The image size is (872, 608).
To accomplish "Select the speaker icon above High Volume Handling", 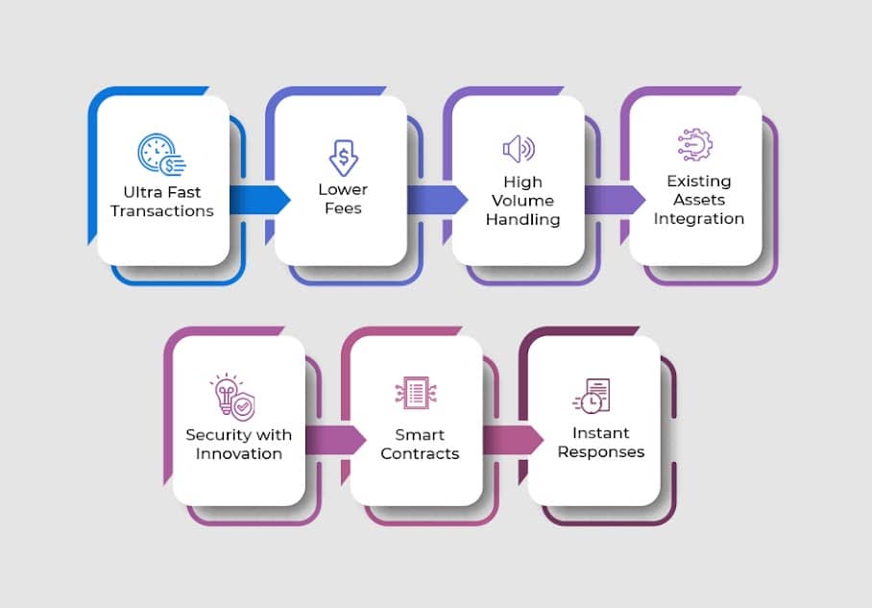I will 519,149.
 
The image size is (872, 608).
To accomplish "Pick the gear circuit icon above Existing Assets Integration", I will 695,144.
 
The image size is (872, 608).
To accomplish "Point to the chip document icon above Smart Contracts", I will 416,392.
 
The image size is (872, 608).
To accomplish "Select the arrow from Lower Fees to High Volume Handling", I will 437,199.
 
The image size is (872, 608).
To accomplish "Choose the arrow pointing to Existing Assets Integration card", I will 615,199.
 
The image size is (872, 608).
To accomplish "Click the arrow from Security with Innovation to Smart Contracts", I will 335,439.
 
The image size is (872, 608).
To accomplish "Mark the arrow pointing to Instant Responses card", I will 513,439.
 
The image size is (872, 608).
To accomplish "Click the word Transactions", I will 162,210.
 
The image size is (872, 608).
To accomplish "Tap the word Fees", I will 343,207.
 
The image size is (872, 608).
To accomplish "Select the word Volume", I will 522,201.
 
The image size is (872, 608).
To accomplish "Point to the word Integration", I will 699,219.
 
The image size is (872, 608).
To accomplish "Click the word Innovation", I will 239,453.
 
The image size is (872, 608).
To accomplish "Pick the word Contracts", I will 420,453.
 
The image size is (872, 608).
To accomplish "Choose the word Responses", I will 601,451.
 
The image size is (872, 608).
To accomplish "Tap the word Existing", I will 699,181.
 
